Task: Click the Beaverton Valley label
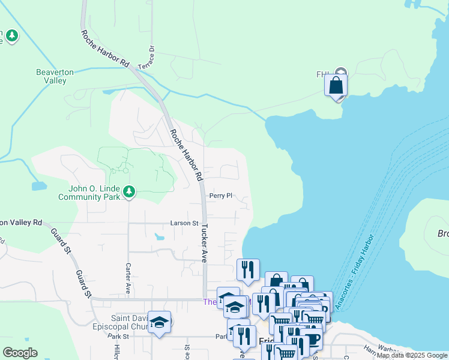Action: (x=55, y=76)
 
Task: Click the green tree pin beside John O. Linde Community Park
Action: (x=128, y=192)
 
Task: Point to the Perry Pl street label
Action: (x=220, y=196)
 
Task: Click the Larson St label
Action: (x=184, y=223)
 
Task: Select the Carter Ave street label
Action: (x=128, y=278)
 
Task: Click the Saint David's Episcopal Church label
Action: (x=129, y=322)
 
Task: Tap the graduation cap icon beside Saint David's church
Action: (x=159, y=323)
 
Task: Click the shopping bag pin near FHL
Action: (x=336, y=86)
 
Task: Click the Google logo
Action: (x=20, y=353)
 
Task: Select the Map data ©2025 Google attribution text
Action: (x=412, y=355)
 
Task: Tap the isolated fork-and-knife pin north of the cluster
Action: (x=248, y=269)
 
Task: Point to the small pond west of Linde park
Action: (x=37, y=186)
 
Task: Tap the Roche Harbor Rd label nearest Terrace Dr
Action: (x=106, y=49)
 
